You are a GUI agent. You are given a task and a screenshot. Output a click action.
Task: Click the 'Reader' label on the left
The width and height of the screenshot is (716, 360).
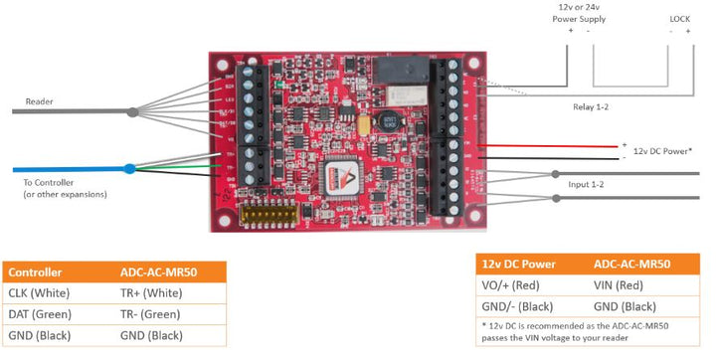coord(40,100)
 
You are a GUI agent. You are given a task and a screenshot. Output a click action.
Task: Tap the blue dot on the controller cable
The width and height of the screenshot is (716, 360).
coord(129,169)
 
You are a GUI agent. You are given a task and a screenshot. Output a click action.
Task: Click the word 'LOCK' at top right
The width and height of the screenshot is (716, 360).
coord(680,18)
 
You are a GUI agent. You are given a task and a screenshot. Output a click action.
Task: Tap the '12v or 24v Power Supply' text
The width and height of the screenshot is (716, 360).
coord(580,12)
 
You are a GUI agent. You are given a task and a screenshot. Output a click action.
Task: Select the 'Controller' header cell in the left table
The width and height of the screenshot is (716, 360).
coord(35,272)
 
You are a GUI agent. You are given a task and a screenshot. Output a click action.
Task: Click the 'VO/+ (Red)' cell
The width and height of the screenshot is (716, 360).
coord(513,285)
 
